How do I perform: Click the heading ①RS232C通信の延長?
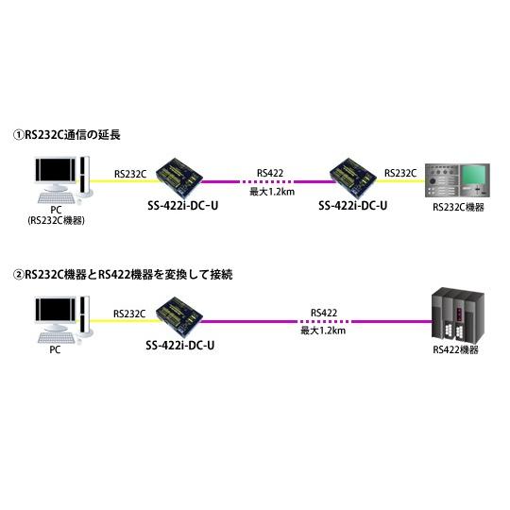[x=67, y=136]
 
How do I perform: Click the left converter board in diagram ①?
[x=178, y=175]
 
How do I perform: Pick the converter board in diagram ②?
[x=178, y=314]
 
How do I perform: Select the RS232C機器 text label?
[x=457, y=207]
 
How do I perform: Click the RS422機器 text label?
[x=455, y=349]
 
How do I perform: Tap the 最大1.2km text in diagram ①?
[x=269, y=191]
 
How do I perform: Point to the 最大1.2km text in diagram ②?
[x=323, y=331]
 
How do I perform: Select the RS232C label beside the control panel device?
[x=400, y=173]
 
